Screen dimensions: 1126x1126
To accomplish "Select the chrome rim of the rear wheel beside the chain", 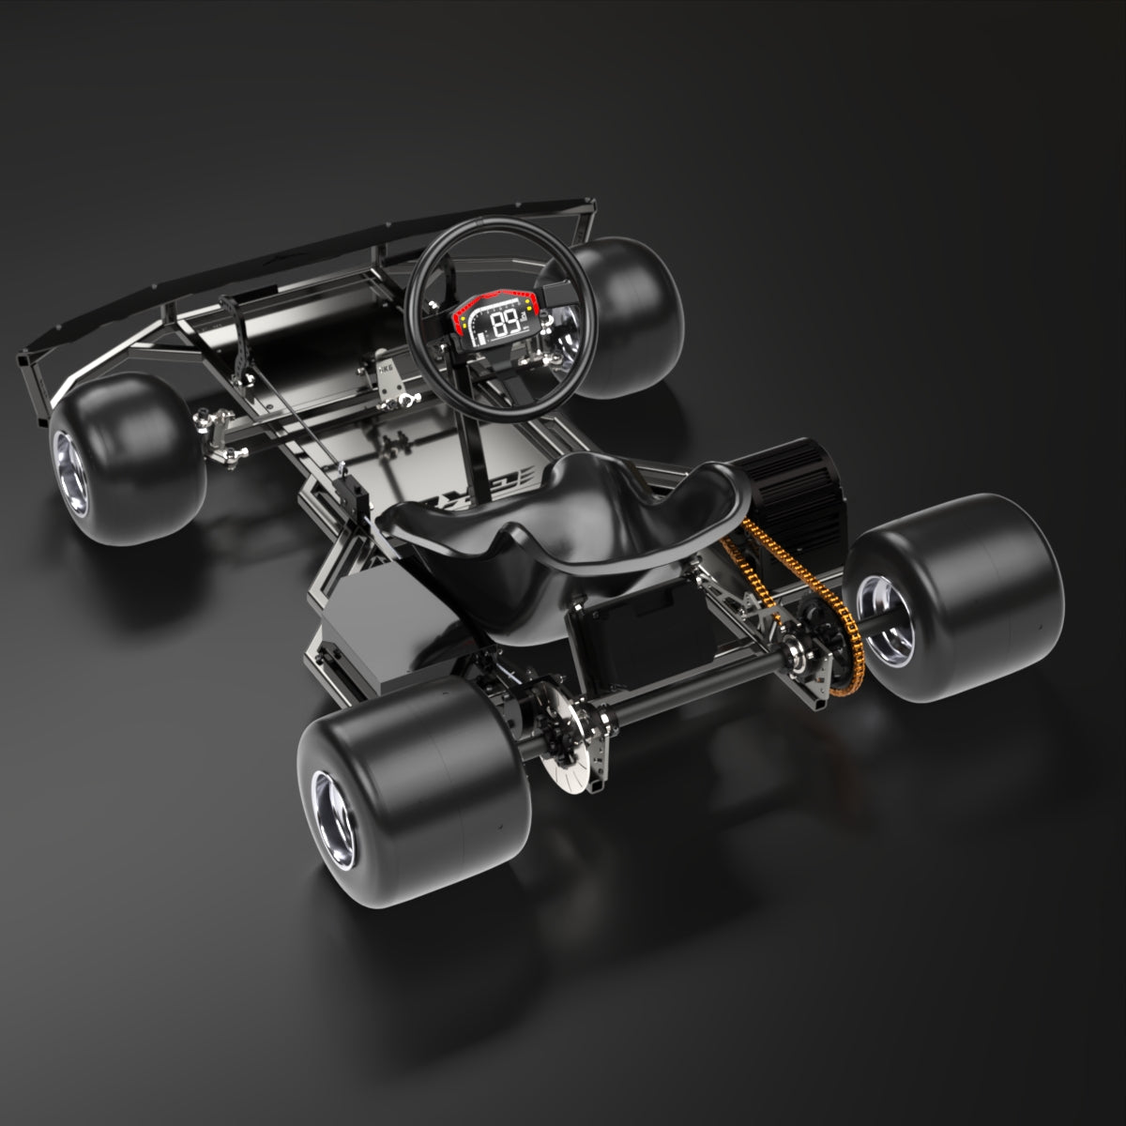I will coord(882,643).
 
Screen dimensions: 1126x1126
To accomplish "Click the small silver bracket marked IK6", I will coord(388,371).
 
